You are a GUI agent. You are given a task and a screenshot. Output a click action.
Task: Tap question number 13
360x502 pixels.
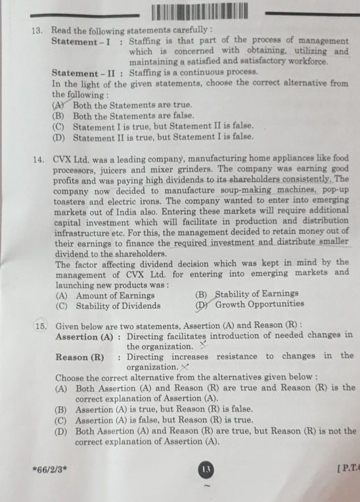pos(37,30)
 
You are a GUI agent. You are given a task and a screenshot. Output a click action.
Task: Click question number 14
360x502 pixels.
pos(37,158)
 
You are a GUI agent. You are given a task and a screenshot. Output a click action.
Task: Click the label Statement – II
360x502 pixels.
pos(84,73)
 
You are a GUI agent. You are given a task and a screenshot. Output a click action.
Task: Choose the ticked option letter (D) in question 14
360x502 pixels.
pos(202,304)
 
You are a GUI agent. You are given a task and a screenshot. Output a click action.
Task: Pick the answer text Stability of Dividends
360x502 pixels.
pos(118,305)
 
